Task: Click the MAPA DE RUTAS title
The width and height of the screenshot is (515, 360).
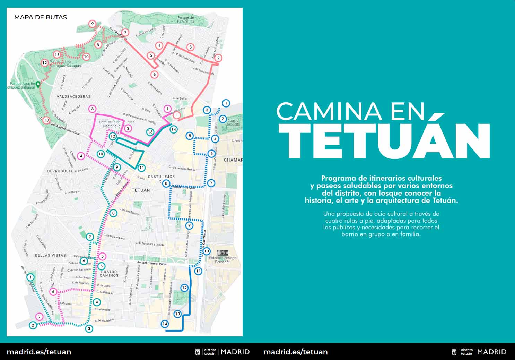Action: click(x=40, y=17)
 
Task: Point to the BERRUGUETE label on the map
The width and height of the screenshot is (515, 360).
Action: click(x=60, y=171)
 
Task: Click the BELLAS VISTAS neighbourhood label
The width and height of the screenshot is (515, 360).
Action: click(x=50, y=255)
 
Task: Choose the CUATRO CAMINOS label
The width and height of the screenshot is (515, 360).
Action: click(x=109, y=273)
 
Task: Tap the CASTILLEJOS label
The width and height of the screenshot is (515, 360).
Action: click(x=161, y=177)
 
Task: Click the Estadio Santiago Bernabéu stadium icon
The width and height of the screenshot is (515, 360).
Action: click(x=221, y=252)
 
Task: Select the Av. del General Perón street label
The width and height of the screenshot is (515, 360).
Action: click(x=152, y=264)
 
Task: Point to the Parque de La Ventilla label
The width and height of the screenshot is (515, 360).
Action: click(x=185, y=19)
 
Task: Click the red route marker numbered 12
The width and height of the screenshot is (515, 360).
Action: click(x=44, y=63)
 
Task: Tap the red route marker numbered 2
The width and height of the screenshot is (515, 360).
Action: click(x=218, y=58)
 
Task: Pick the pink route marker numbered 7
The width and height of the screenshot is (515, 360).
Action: click(x=40, y=317)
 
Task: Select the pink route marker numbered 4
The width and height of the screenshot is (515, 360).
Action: click(x=81, y=156)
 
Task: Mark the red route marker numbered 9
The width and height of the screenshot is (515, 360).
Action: click(x=92, y=24)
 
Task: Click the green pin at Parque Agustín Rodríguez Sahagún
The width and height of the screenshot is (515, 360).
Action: click(x=38, y=84)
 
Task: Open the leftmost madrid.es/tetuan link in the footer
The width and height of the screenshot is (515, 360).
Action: click(x=39, y=352)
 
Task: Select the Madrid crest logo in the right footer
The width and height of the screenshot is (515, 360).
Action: click(x=454, y=352)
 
